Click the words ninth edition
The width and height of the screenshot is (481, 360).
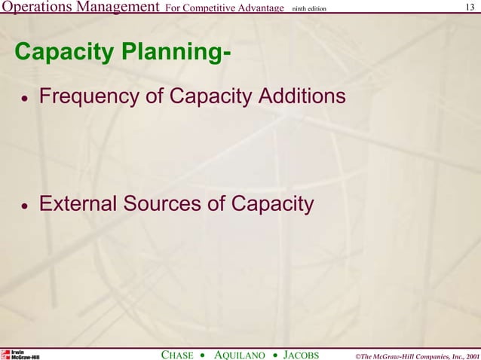pyautogui.click(x=308, y=9)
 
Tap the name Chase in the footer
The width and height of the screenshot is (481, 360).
pyautogui.click(x=178, y=354)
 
